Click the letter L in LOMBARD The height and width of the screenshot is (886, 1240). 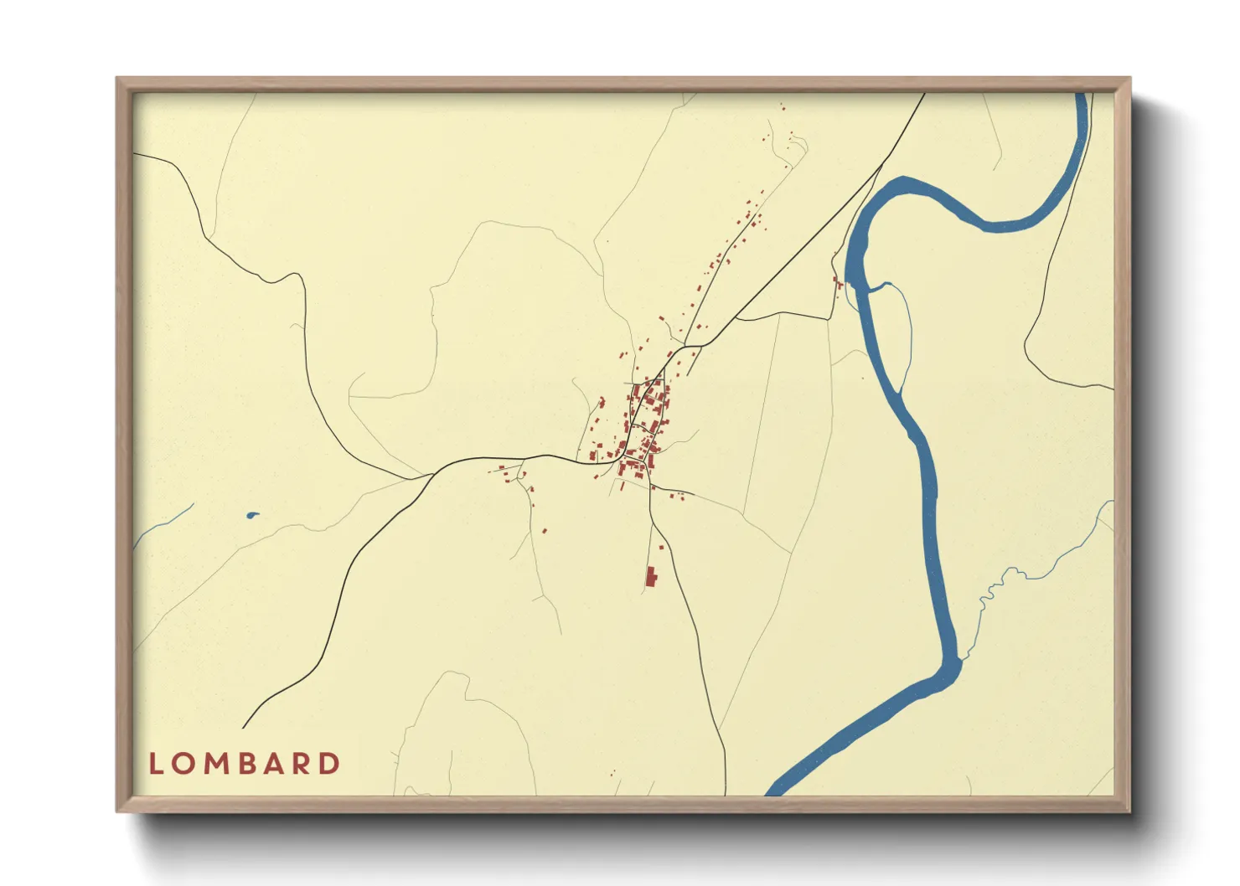pos(155,764)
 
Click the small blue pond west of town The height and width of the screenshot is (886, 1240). pos(252,515)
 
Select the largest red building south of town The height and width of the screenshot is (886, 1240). pos(650,576)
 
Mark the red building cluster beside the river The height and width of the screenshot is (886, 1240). pos(837,284)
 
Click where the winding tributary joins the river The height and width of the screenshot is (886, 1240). pos(958,662)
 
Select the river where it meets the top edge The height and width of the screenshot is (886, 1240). pos(1082,95)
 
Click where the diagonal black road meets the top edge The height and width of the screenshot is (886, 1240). pos(923,95)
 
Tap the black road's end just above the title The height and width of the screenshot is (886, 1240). pos(244,727)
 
